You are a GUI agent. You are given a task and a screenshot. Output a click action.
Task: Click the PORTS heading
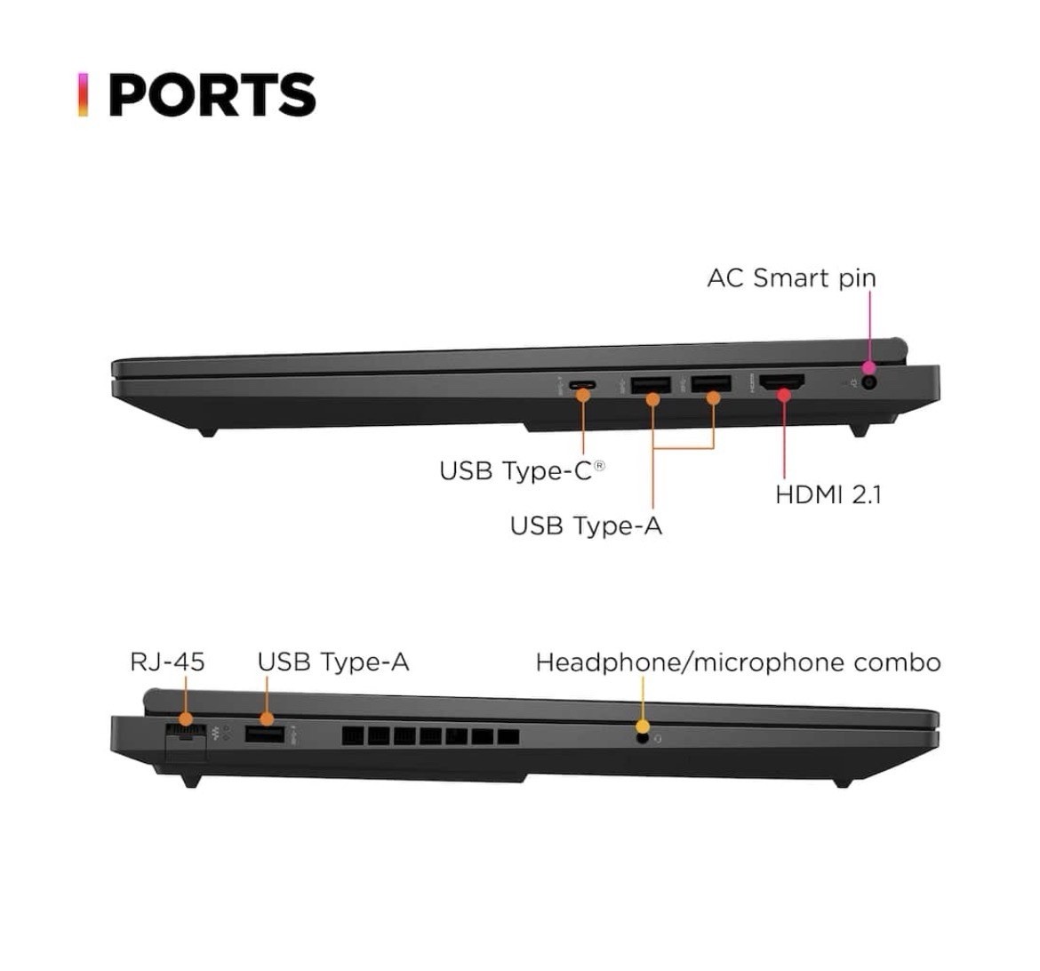click(212, 94)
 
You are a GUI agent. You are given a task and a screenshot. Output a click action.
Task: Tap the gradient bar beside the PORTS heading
click(83, 94)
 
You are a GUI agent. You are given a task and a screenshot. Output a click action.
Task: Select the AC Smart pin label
click(792, 278)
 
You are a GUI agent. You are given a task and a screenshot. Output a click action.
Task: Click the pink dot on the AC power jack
click(868, 368)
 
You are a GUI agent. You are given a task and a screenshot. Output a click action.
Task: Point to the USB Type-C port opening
click(582, 385)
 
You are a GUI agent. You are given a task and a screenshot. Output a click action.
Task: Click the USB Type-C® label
click(522, 470)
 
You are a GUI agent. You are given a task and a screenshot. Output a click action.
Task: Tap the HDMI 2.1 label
click(828, 494)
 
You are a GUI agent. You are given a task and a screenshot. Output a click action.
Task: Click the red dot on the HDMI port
click(784, 396)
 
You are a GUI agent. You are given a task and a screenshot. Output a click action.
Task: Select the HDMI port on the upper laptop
click(782, 382)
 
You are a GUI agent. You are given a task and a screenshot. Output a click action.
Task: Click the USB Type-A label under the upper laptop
click(587, 526)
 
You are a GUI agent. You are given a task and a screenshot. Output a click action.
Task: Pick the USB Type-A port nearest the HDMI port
click(711, 383)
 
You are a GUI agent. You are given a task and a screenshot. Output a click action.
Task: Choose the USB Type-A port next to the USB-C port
click(651, 385)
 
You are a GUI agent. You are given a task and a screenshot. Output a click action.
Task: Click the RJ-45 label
click(167, 662)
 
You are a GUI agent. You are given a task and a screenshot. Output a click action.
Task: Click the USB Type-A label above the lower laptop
click(333, 662)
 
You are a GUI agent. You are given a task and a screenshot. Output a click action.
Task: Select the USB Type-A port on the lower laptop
click(265, 734)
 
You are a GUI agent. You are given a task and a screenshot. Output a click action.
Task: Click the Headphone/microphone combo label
click(738, 662)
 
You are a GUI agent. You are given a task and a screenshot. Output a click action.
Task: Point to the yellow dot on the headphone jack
click(642, 726)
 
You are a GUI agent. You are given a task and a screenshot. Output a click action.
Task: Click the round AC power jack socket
click(869, 383)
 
